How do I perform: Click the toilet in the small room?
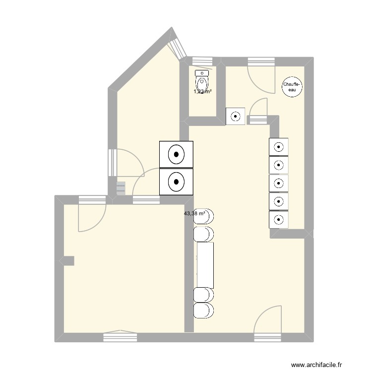click(203, 80)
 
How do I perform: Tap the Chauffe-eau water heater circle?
click(291, 87)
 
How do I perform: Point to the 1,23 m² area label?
click(203, 91)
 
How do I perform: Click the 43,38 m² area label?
click(194, 214)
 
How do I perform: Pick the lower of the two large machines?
click(176, 182)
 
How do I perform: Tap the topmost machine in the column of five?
click(279, 146)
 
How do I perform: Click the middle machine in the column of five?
click(279, 183)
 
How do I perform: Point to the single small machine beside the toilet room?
click(236, 117)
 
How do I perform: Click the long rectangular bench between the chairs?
click(205, 265)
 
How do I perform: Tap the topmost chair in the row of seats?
click(204, 216)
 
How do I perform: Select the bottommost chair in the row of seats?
click(204, 310)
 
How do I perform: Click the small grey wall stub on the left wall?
click(67, 260)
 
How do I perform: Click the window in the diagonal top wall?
click(177, 46)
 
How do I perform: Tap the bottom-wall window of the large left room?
click(120, 337)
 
